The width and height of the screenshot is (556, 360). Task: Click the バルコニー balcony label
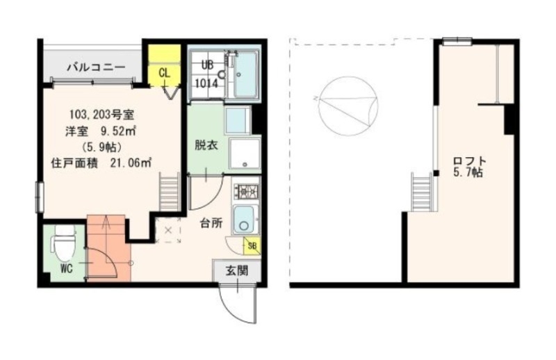[x=95, y=67]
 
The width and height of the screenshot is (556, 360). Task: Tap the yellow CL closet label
[x=165, y=72]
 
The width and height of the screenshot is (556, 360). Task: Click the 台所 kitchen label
[x=211, y=223]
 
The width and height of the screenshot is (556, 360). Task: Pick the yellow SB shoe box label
[x=252, y=245]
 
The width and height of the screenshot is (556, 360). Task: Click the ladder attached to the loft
[x=421, y=191]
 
